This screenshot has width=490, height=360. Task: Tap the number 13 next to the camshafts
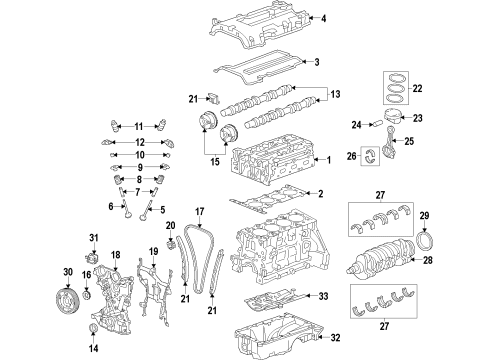335,94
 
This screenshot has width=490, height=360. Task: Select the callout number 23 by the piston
417,118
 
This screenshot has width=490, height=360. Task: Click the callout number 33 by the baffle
322,297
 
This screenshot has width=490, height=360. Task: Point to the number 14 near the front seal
93,349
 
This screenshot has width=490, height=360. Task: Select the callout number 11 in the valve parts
139,126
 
